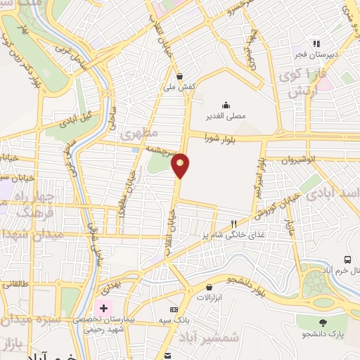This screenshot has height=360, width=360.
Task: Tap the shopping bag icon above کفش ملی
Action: [x=180, y=77]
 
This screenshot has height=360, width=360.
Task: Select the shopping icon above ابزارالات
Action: [x=210, y=287]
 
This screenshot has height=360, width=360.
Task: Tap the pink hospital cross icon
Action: [x=104, y=308]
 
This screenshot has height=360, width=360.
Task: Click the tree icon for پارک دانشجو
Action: [x=323, y=323]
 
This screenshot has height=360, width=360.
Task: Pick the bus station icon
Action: [x=348, y=259]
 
